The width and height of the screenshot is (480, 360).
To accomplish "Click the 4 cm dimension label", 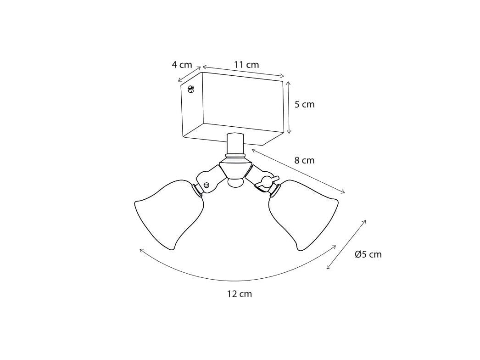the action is point(182,65).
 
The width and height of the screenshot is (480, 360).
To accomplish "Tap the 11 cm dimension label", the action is point(246,65).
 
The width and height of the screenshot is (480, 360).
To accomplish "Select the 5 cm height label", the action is point(304,104).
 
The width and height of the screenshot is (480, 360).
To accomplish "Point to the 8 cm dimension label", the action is point(304,160).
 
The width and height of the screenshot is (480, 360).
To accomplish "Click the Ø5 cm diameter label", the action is point(368,254).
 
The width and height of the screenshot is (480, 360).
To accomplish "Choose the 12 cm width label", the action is point(240,294).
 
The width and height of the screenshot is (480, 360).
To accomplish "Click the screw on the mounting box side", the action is point(191,89).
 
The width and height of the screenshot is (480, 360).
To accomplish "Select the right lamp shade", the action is point(303,214).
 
